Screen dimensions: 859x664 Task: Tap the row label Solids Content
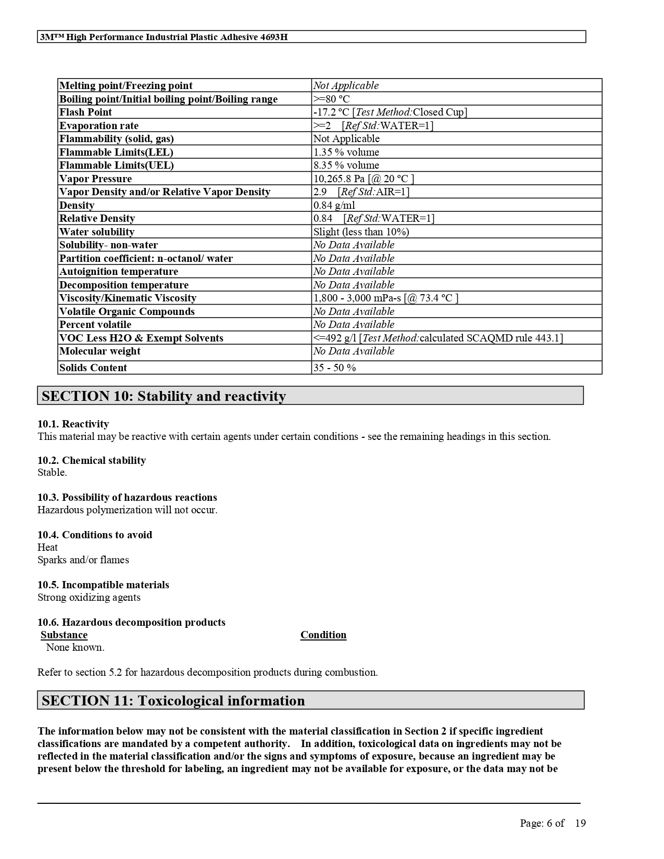pyautogui.click(x=93, y=368)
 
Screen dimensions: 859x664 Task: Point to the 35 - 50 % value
pyautogui.click(x=334, y=368)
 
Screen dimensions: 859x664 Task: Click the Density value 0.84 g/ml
pyautogui.click(x=334, y=205)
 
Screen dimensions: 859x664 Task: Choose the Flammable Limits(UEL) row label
pyautogui.click(x=117, y=165)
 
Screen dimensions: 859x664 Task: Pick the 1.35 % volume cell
pyautogui.click(x=346, y=152)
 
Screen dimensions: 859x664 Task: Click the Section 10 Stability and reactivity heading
pyautogui.click(x=164, y=396)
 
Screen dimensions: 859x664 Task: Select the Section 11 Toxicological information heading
pyautogui.click(x=173, y=701)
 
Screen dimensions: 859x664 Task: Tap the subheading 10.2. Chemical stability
pyautogui.click(x=92, y=460)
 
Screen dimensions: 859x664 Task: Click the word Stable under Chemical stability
pyautogui.click(x=52, y=473)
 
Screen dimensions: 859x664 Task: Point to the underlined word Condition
pyautogui.click(x=323, y=635)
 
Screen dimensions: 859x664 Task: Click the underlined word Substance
pyautogui.click(x=64, y=635)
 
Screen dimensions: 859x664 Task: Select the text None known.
pyautogui.click(x=75, y=647)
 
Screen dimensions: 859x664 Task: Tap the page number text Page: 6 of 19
pyautogui.click(x=553, y=823)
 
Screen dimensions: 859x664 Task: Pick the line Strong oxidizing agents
pyautogui.click(x=89, y=597)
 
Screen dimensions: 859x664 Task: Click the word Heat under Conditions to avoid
pyautogui.click(x=47, y=547)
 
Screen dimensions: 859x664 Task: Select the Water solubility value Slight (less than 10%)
pyautogui.click(x=361, y=232)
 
